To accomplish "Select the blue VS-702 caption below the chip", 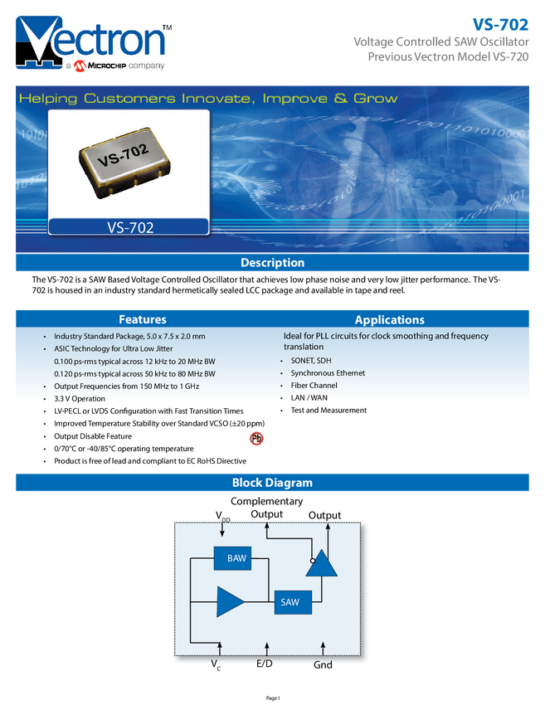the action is click(129, 226).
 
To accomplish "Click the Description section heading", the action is click(272, 263).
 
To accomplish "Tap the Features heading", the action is click(143, 319).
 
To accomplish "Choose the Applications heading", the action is click(389, 319).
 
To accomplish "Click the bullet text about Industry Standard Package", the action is click(129, 337).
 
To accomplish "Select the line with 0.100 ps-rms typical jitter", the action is click(134, 362).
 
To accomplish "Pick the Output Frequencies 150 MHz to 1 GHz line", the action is click(126, 387).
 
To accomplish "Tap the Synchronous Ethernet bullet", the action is click(328, 374).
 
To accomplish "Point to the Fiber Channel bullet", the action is click(314, 387).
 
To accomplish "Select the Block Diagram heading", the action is click(272, 483).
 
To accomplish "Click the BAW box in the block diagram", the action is click(237, 559).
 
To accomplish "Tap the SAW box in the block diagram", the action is click(292, 602).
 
